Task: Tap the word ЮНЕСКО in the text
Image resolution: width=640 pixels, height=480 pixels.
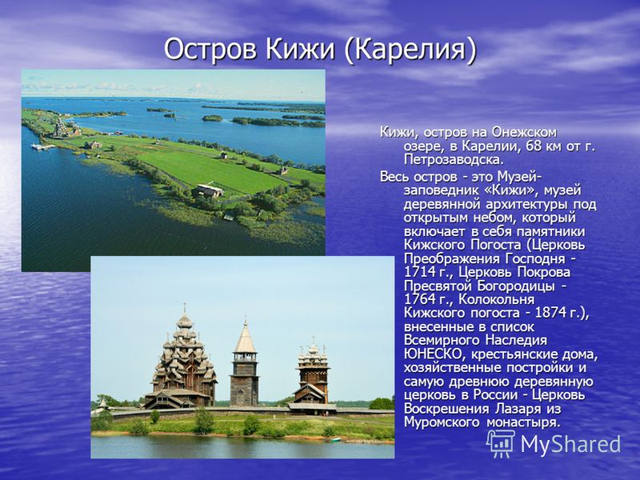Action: [432, 354]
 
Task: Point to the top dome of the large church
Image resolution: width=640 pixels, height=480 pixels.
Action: [185, 321]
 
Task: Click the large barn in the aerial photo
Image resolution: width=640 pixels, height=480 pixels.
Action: [209, 190]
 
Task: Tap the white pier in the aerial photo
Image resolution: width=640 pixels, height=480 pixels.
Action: [43, 146]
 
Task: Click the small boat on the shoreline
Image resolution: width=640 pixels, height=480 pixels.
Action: [335, 439]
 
